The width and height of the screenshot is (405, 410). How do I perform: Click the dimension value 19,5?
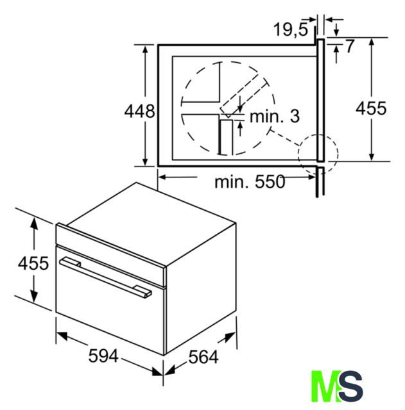tap(290, 29)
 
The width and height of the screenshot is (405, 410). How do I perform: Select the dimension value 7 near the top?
tap(350, 46)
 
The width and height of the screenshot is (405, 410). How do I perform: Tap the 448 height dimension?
tap(139, 111)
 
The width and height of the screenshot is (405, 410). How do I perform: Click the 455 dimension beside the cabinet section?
tap(371, 108)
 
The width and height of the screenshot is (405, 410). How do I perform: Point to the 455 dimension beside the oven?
tap(33, 263)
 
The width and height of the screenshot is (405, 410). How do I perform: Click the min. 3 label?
tap(275, 116)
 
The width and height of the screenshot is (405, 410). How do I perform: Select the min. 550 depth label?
tap(250, 182)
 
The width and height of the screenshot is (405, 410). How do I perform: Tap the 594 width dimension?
tap(103, 356)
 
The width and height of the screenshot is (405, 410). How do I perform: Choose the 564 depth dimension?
tap(203, 357)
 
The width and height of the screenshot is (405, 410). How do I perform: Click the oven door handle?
tap(105, 277)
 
